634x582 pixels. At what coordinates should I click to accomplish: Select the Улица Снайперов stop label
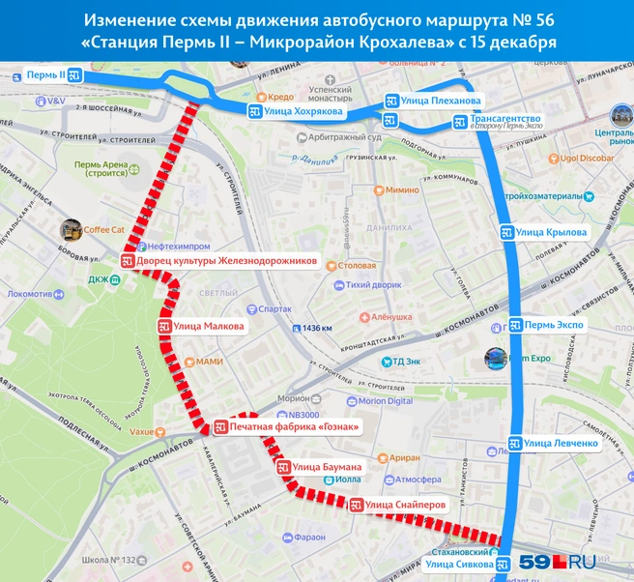pyautogui.click(x=397, y=504)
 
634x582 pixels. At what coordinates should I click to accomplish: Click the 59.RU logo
pyautogui.click(x=557, y=561)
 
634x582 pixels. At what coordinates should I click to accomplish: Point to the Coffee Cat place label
pyautogui.click(x=103, y=230)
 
